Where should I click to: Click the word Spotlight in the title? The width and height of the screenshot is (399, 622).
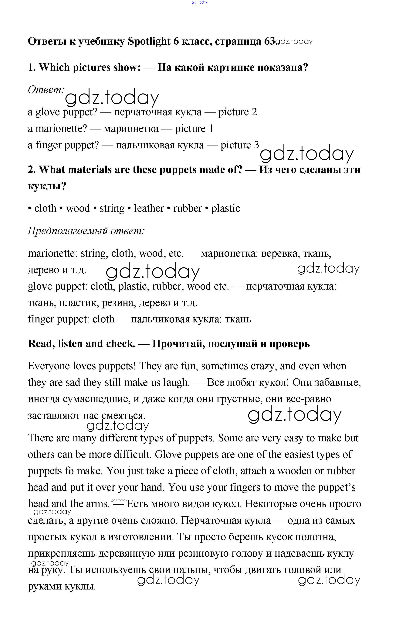point(149,41)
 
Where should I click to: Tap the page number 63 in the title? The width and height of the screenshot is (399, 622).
point(269,41)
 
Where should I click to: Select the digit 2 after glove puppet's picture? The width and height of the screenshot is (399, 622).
point(254,112)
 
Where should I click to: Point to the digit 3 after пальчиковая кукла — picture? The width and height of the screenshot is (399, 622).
point(256,145)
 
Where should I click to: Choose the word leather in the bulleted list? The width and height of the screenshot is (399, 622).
point(149,208)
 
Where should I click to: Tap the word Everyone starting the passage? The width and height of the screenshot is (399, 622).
point(49,366)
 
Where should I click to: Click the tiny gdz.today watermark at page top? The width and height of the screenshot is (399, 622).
point(199,2)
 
